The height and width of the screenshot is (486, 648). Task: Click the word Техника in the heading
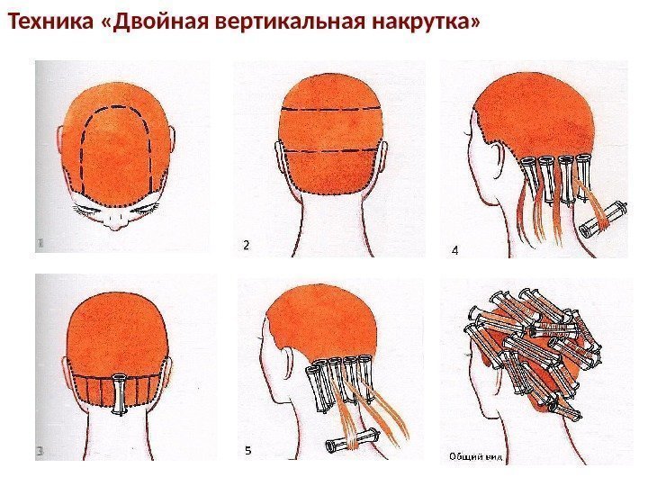click(x=50, y=22)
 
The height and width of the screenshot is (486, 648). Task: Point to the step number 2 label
click(x=247, y=245)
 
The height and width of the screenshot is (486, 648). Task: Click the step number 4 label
click(x=455, y=250)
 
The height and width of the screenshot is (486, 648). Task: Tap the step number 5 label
click(x=248, y=450)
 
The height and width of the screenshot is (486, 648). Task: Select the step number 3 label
click(x=40, y=452)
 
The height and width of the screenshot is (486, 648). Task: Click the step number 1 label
click(x=40, y=244)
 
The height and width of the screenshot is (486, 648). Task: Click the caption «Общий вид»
click(x=476, y=456)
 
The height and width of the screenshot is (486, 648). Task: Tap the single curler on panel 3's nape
click(x=119, y=394)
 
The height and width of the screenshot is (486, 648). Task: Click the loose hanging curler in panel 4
click(x=603, y=220)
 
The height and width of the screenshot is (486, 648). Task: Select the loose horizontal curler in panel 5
click(x=353, y=440)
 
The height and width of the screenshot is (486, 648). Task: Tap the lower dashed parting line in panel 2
click(x=331, y=150)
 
